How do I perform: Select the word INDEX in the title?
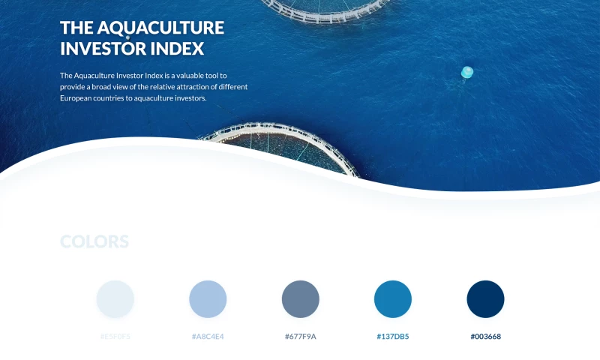[182, 49]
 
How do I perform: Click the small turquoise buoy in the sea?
[466, 72]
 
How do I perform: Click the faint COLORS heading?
[94, 241]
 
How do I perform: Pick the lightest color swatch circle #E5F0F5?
[115, 299]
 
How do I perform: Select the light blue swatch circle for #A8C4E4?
[208, 299]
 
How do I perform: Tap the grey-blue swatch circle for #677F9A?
[301, 299]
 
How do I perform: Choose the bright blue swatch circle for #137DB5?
[393, 299]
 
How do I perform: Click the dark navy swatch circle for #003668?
[485, 299]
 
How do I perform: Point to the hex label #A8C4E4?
[208, 336]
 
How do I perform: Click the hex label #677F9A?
[301, 336]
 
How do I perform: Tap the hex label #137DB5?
[393, 336]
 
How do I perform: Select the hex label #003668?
[485, 336]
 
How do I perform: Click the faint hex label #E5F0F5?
[115, 336]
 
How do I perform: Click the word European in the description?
[78, 98]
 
